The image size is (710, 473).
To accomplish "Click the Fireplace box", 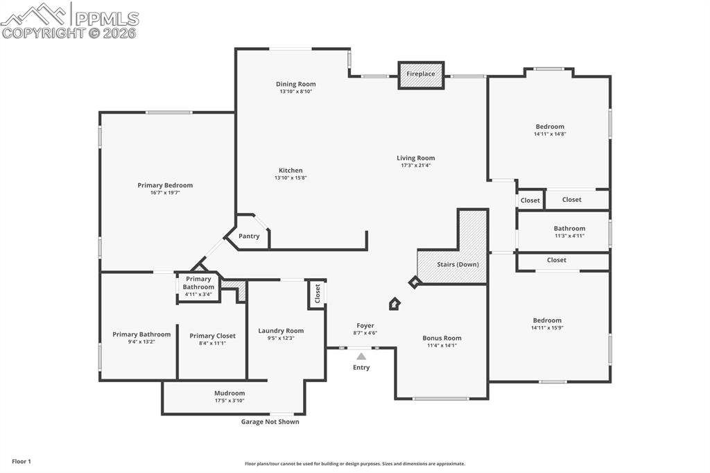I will [x=421, y=75].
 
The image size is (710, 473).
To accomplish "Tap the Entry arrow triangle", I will [x=361, y=356].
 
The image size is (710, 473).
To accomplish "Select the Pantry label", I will [x=249, y=237].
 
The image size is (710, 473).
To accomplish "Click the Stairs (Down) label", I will [x=458, y=264].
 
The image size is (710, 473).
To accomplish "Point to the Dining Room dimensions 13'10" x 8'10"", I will [x=296, y=92].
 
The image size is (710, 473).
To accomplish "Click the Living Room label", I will [x=416, y=158].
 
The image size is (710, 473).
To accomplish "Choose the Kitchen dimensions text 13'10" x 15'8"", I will [x=291, y=178].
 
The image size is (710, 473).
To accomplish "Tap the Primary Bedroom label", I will [x=165, y=185].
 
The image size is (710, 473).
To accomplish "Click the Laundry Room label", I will [x=281, y=331].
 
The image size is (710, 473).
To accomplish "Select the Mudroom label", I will [x=230, y=393].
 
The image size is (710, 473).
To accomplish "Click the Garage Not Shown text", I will [x=270, y=422].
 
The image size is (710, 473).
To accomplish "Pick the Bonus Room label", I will [x=442, y=338].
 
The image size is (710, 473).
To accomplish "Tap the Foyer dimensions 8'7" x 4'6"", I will [x=365, y=333].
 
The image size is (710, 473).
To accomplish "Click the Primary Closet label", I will [x=212, y=336].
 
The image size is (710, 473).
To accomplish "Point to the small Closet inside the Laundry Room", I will [x=317, y=294].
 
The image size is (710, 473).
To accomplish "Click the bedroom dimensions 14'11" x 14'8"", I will [x=550, y=134].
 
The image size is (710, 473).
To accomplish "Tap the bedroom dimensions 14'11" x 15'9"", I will [x=547, y=327].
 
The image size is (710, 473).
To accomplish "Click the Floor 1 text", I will [x=21, y=461].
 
